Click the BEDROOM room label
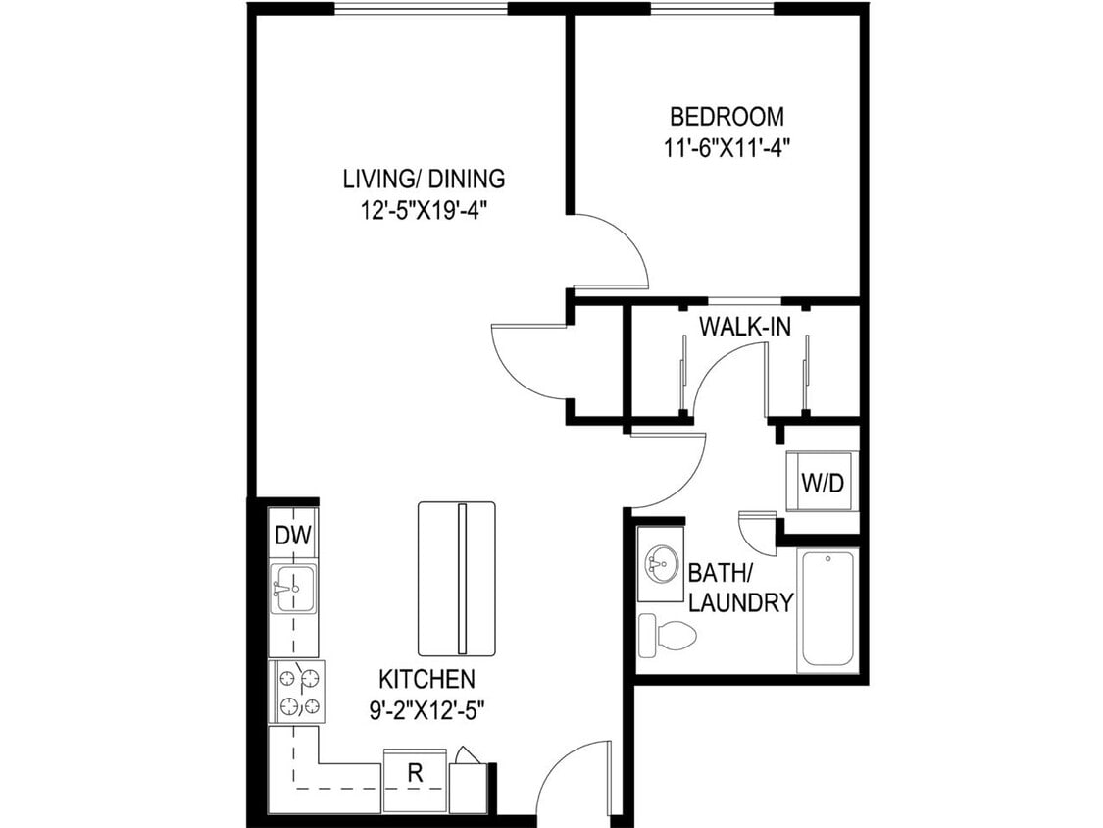727,117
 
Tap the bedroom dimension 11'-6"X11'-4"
727,148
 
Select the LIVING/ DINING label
424,179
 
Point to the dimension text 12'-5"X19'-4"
424,210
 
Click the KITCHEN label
427,679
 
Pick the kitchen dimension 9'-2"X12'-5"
427,710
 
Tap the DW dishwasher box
292,536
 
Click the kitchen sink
293,589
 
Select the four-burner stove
296,691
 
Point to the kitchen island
457,578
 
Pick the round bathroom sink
660,565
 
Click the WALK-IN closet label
744,327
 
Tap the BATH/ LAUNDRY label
740,588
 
